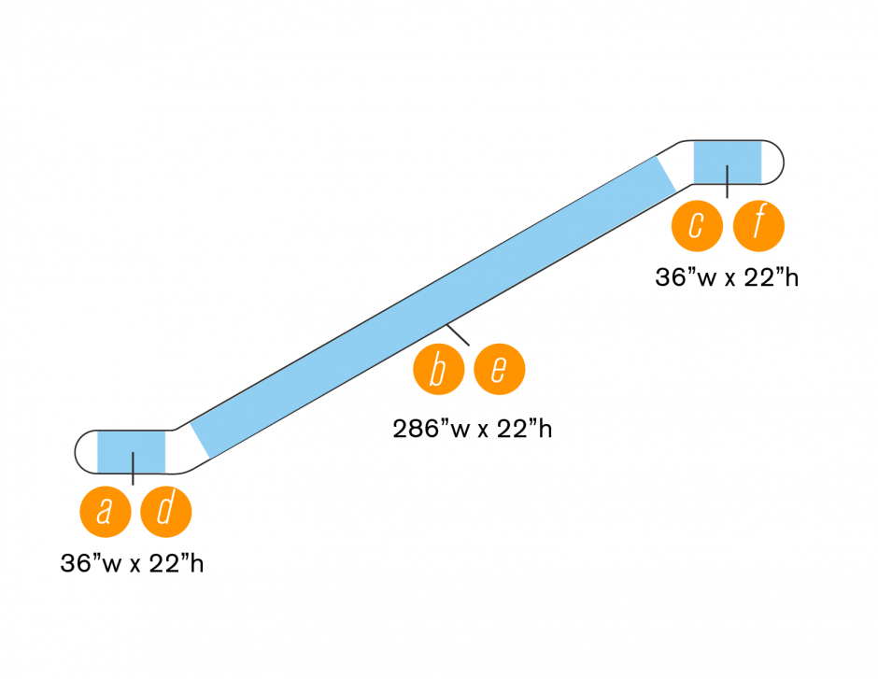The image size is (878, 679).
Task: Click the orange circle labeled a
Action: coord(106,512)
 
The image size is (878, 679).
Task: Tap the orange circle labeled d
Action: coord(165,512)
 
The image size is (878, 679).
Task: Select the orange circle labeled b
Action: coord(439,370)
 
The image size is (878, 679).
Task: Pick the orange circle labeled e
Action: coord(499,370)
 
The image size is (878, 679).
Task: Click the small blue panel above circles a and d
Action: coord(131,451)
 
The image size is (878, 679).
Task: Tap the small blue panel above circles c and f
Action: coord(727,161)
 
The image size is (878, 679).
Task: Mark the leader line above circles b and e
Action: coord(458,334)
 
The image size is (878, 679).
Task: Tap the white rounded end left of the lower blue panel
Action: coord(85,451)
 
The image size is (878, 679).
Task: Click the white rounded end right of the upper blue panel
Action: coord(772,161)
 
